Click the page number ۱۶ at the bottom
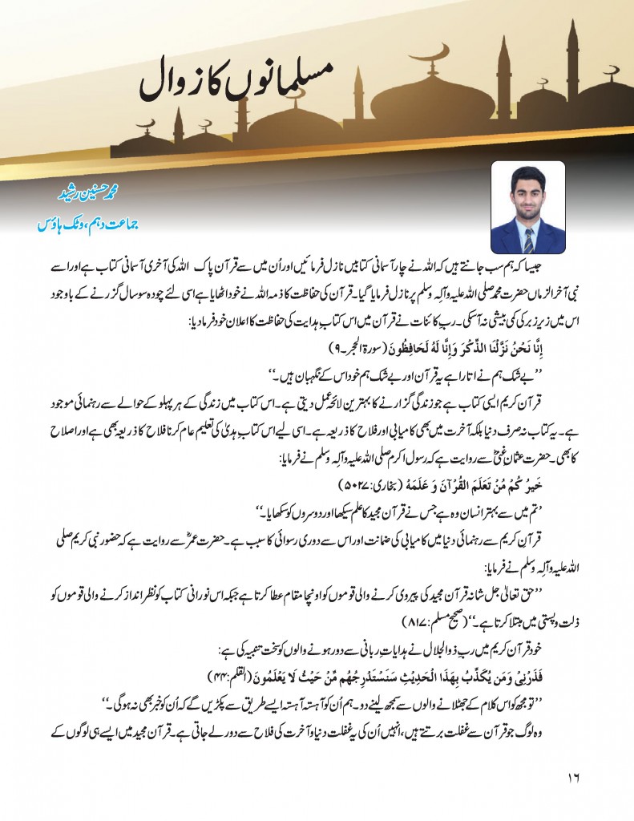pyautogui.click(x=571, y=778)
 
